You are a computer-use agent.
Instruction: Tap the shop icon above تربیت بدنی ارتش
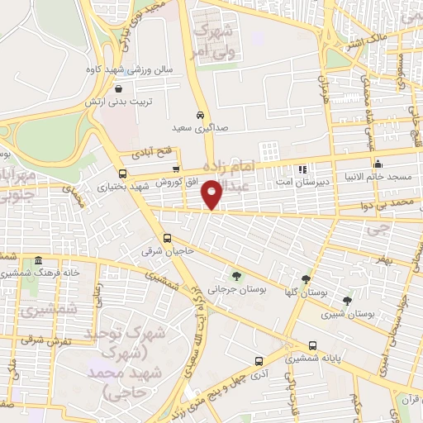pyautogui.click(x=120, y=89)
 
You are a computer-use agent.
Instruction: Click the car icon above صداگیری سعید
pyautogui.click(x=201, y=116)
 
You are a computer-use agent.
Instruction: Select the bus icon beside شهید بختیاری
pyautogui.click(x=123, y=173)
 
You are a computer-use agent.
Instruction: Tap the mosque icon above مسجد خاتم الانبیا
pyautogui.click(x=378, y=164)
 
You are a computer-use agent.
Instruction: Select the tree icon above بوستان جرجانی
pyautogui.click(x=238, y=277)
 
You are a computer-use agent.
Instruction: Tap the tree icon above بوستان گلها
pyautogui.click(x=307, y=279)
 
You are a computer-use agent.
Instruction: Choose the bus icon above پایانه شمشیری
pyautogui.click(x=311, y=346)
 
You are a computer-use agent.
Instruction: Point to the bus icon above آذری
pyautogui.click(x=259, y=361)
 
